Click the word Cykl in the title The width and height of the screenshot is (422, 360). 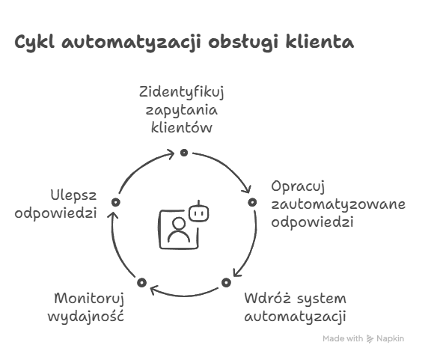click(34, 43)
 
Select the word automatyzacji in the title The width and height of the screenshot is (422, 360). click(131, 43)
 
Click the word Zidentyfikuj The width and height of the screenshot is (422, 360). click(181, 93)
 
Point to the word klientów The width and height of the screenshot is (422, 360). click(182, 126)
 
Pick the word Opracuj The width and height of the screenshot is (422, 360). click(298, 186)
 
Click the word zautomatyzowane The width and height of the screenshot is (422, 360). click(338, 204)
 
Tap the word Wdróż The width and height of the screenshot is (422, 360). click(267, 299)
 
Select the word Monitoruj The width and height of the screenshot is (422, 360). click(89, 299)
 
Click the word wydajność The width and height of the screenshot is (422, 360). click(86, 316)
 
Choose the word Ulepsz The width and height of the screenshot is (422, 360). click(73, 196)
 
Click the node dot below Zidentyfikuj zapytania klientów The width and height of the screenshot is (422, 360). click(184, 153)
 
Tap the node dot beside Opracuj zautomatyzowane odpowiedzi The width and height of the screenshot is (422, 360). click(252, 202)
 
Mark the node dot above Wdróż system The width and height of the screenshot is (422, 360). click(227, 282)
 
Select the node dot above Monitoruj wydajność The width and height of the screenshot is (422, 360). click(141, 283)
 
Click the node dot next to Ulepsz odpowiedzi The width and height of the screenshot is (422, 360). click(116, 202)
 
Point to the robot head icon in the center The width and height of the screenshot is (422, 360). click(199, 212)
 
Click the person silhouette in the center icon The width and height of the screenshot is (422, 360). click(179, 230)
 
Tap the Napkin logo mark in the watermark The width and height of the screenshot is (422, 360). click(370, 339)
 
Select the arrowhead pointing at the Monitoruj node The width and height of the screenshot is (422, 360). click(153, 290)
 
